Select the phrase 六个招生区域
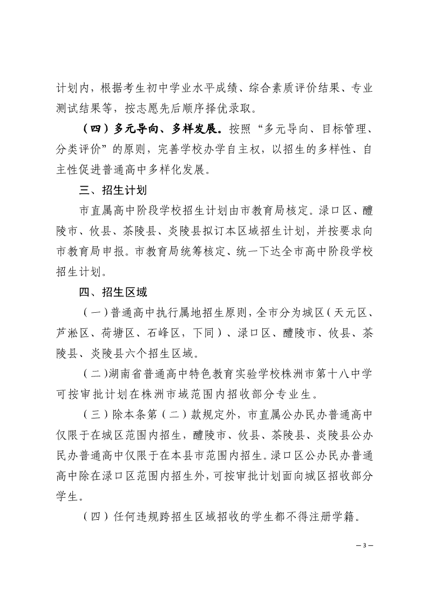tap(168, 354)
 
